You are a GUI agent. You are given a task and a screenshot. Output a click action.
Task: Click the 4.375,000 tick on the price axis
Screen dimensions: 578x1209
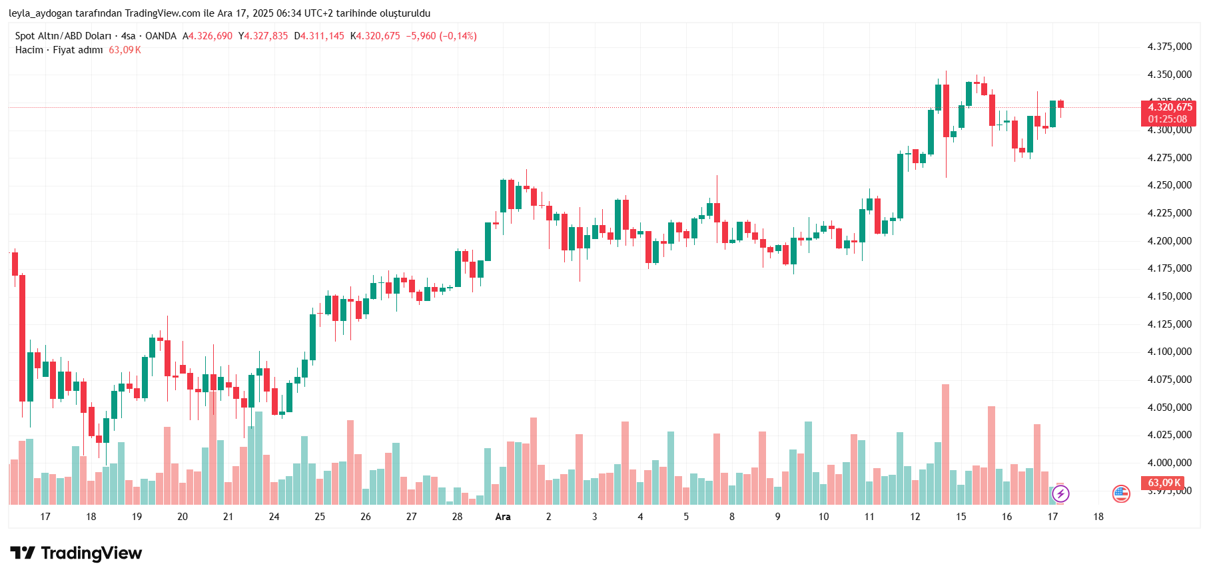(1169, 47)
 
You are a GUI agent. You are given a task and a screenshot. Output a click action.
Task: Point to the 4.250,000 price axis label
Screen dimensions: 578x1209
(1169, 185)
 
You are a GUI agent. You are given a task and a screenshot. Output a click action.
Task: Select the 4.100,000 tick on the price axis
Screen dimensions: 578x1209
(1169, 352)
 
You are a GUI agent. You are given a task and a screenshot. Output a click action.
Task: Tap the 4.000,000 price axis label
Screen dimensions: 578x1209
(1169, 463)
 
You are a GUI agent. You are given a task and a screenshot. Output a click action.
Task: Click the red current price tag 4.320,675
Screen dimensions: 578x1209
(1169, 108)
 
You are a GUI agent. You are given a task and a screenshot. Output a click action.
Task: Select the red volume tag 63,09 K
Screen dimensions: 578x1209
(1164, 483)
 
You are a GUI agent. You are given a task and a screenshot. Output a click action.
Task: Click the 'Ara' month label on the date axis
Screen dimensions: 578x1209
(503, 517)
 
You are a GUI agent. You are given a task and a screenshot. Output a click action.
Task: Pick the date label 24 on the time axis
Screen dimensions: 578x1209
(274, 517)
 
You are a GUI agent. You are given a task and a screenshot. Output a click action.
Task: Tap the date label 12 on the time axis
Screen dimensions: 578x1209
(915, 517)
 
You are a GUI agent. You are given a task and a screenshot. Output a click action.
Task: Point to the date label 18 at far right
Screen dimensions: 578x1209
(1098, 517)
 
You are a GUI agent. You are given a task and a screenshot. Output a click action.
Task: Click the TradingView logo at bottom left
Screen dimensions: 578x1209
(76, 553)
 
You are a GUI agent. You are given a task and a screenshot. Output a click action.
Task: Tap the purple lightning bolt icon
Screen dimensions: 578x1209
(1060, 493)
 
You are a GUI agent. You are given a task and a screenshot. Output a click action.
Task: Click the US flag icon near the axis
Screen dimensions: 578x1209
(1121, 493)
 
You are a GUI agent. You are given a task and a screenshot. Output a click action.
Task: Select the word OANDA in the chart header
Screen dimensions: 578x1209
(161, 36)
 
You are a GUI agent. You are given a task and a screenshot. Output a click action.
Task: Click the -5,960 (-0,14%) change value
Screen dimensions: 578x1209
(442, 36)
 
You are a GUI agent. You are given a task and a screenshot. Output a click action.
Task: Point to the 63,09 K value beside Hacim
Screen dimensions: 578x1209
(125, 50)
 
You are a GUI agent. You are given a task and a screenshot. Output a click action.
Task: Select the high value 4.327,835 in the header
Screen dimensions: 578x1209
(266, 36)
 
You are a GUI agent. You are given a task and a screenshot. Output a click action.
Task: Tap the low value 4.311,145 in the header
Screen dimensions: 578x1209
(322, 36)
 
